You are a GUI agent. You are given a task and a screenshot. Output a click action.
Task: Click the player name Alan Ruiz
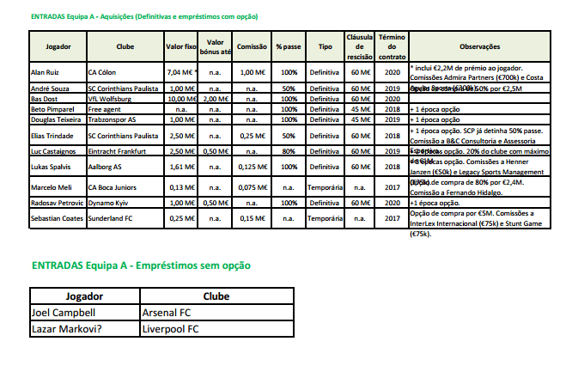click(x=46, y=74)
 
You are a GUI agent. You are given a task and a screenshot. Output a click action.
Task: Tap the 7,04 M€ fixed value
click(x=182, y=74)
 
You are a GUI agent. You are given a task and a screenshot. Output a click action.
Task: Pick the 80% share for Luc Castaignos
click(x=289, y=150)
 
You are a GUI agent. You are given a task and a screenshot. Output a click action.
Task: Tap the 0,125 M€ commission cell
click(x=251, y=167)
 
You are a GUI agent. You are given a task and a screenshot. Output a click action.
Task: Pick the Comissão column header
click(x=251, y=46)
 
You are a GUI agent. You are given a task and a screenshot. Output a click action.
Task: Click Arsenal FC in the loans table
click(x=170, y=313)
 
